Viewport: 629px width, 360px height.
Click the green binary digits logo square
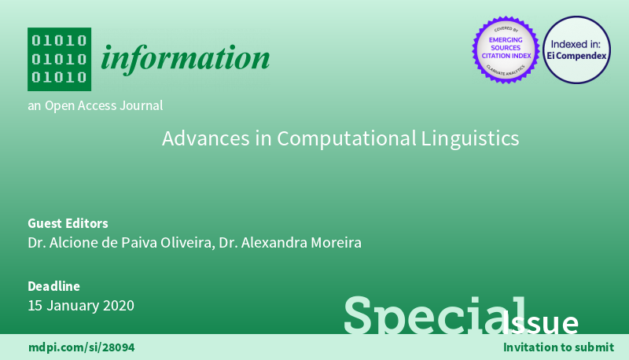(59, 59)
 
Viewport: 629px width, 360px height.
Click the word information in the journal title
(186, 57)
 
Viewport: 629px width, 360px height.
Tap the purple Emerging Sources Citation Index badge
(505, 50)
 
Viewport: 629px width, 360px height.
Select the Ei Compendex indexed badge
(576, 50)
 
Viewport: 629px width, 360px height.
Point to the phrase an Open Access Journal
(95, 105)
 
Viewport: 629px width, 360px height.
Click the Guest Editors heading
(68, 222)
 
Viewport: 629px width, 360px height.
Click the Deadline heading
(53, 286)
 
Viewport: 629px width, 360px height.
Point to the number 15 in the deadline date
(35, 306)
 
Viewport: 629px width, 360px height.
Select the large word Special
(425, 314)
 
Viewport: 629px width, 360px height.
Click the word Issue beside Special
(544, 322)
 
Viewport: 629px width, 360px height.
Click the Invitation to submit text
(558, 347)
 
